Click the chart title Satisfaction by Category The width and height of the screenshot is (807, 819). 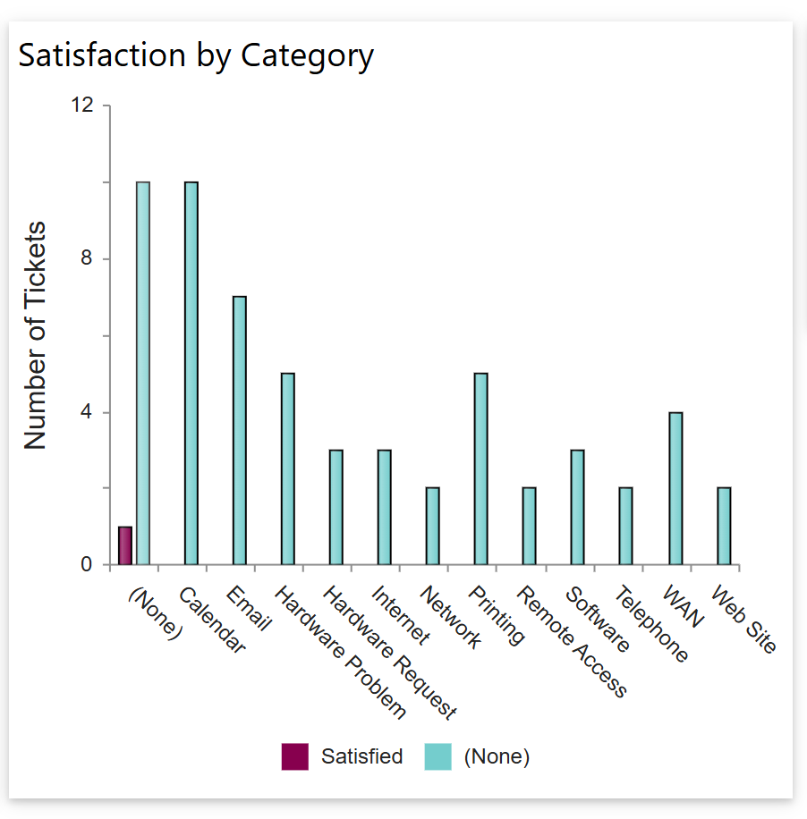pyautogui.click(x=196, y=55)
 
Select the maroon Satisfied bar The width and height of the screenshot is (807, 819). pyautogui.click(x=125, y=546)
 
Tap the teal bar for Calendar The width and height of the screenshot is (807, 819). pyautogui.click(x=191, y=374)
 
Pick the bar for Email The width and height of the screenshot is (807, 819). pyautogui.click(x=240, y=431)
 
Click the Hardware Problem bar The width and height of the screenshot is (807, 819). pyautogui.click(x=288, y=469)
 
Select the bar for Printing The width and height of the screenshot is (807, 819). pyautogui.click(x=481, y=469)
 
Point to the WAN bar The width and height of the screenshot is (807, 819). pyautogui.click(x=675, y=489)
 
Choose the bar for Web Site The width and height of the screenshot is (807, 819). pyautogui.click(x=724, y=527)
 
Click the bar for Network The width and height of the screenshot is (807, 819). pyautogui.click(x=433, y=527)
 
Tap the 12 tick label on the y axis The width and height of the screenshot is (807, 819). pyautogui.click(x=82, y=106)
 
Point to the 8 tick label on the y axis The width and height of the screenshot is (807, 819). pyautogui.click(x=87, y=259)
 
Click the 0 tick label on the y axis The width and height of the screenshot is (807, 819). pyautogui.click(x=87, y=565)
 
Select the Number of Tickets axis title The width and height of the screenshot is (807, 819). pyautogui.click(x=34, y=335)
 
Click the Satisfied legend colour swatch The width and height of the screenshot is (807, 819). pyautogui.click(x=295, y=756)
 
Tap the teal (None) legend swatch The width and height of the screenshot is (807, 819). pyautogui.click(x=437, y=756)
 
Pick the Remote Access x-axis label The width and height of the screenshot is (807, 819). pyautogui.click(x=573, y=641)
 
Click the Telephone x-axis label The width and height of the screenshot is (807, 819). pyautogui.click(x=652, y=625)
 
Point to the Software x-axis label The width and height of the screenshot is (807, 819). pyautogui.click(x=598, y=620)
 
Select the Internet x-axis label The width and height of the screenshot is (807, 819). pyautogui.click(x=400, y=615)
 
